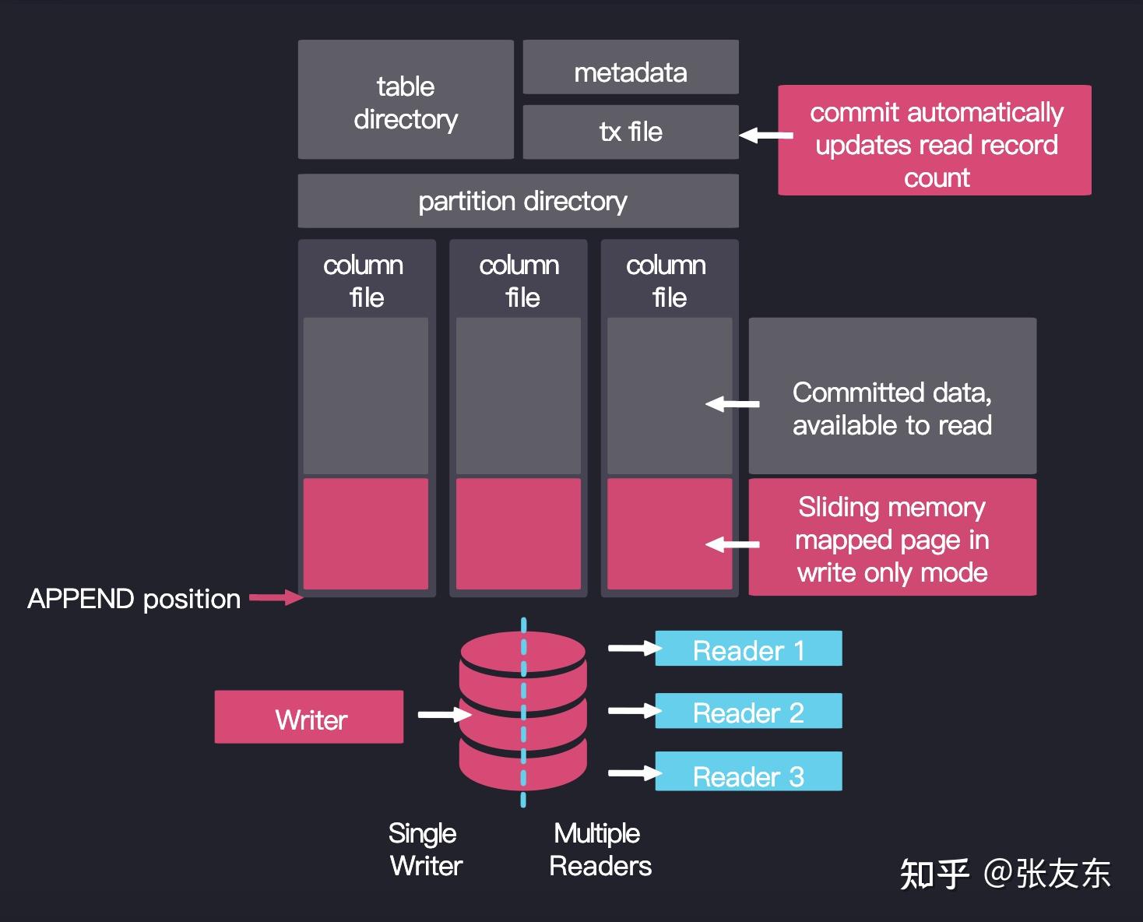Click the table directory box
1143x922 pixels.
405,100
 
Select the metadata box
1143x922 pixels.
630,69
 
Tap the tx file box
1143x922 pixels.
630,132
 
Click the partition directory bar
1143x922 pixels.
518,202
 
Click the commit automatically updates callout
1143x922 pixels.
934,141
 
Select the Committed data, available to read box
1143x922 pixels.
892,396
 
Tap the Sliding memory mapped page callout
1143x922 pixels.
892,538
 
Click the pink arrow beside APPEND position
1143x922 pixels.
276,598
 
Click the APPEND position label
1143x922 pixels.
134,599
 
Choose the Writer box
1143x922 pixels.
309,717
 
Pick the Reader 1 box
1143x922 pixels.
748,649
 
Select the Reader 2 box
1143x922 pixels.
748,711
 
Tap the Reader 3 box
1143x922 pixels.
748,772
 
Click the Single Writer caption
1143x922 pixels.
424,850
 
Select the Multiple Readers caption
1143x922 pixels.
599,850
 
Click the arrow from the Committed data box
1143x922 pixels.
732,404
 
